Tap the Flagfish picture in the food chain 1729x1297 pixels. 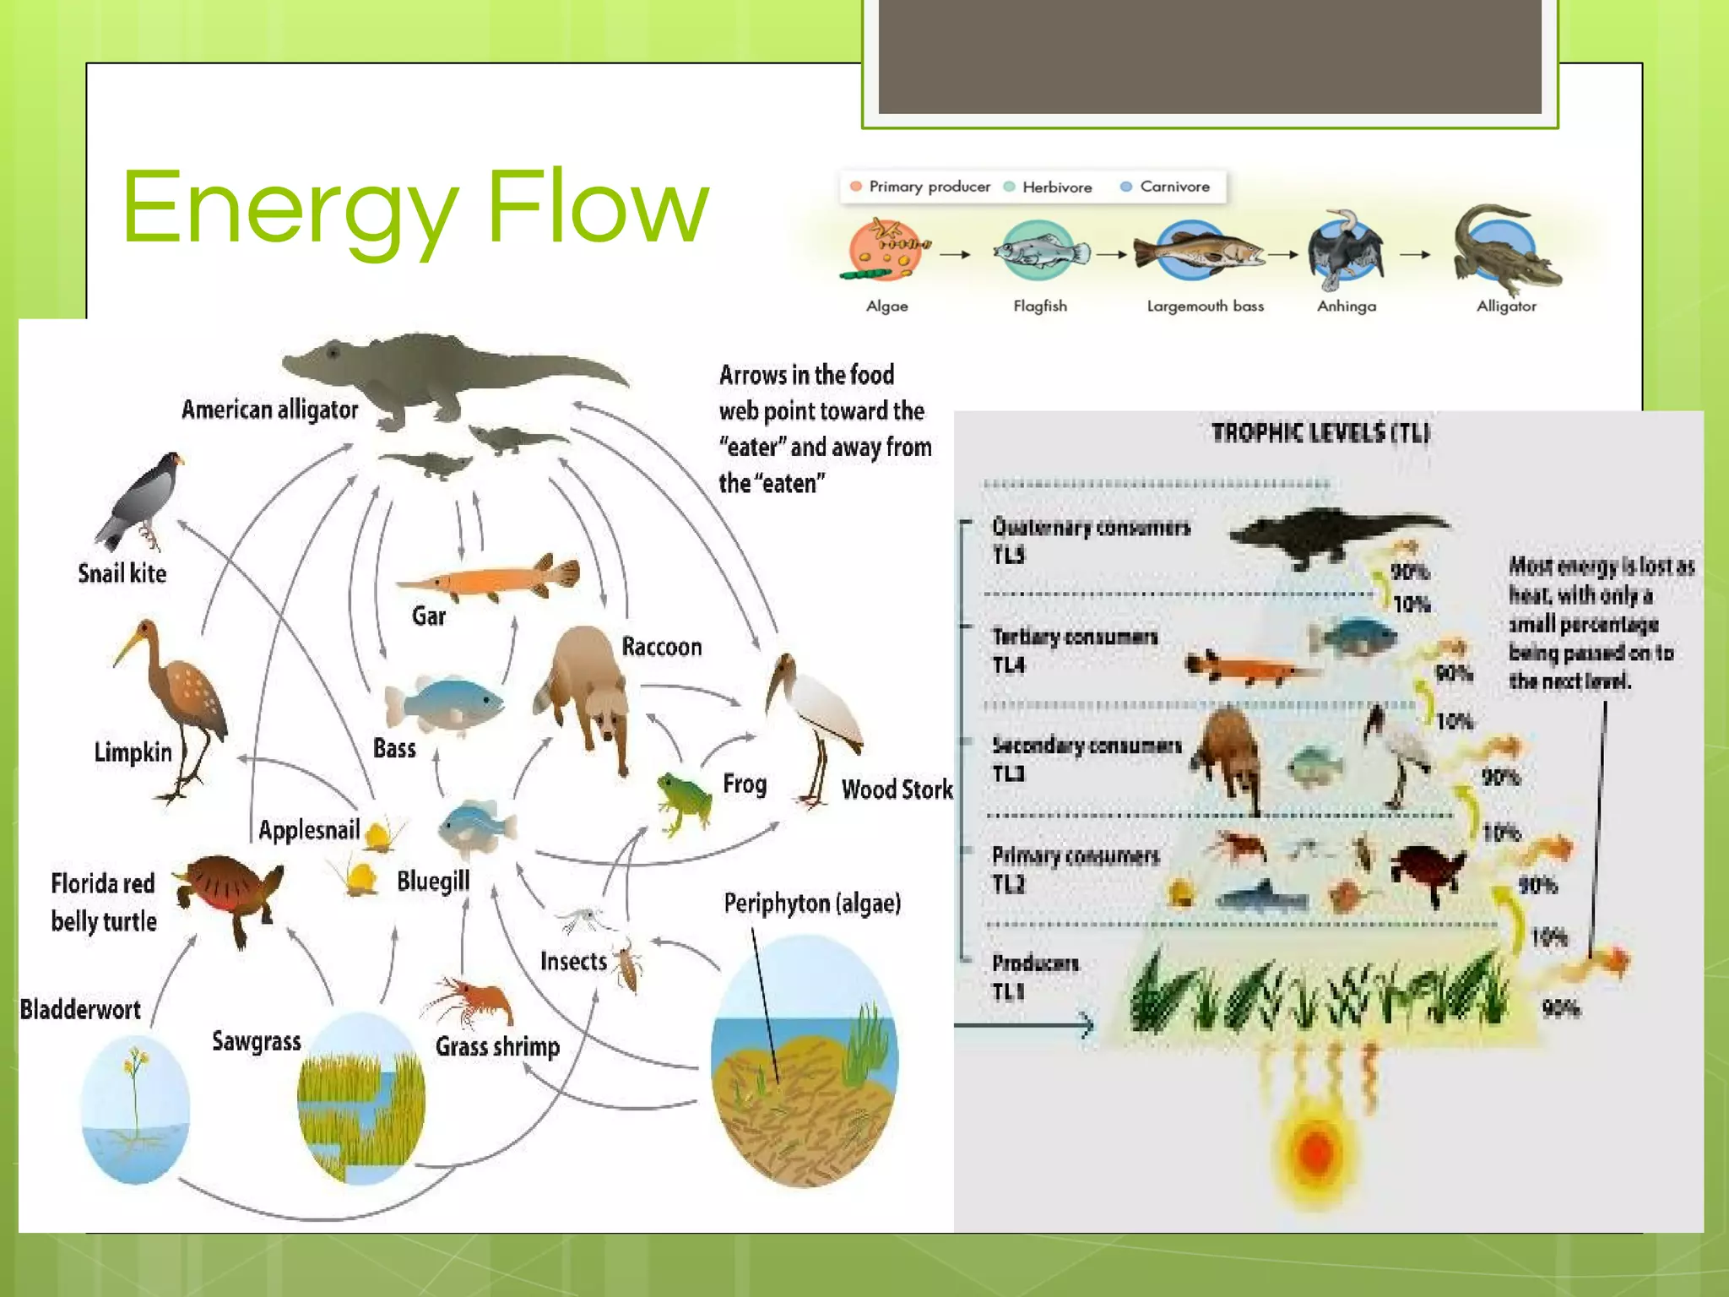click(x=1040, y=252)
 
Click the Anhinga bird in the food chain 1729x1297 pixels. click(x=1345, y=252)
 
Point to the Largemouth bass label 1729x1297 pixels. click(x=1205, y=306)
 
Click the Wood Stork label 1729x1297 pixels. click(x=897, y=790)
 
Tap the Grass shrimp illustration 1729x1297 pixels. click(x=469, y=1002)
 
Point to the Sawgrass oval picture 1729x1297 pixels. click(x=361, y=1098)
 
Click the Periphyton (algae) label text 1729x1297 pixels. click(x=812, y=904)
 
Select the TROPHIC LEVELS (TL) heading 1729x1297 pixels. click(x=1320, y=433)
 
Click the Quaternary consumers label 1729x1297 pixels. click(x=1090, y=528)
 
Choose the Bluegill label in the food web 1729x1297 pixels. click(x=433, y=881)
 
